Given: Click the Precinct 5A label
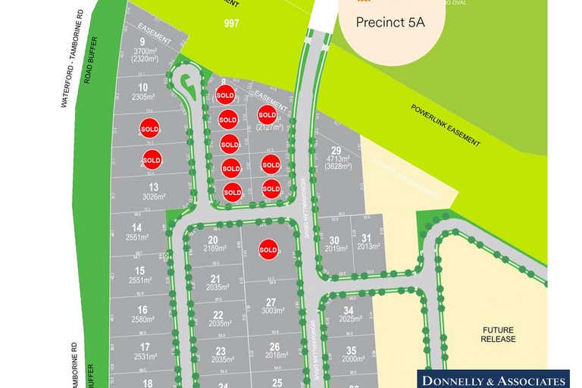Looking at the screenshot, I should pos(390,23).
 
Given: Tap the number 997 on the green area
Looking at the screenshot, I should pos(232,23).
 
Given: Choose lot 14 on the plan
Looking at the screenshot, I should pos(136,232).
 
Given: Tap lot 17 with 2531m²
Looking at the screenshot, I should pos(144,352).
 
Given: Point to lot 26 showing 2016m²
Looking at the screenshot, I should pos(274,351).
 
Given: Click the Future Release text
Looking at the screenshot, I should pos(498,334).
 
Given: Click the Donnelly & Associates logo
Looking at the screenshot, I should pos(494,379).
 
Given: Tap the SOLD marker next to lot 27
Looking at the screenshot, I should pos(268,249).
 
